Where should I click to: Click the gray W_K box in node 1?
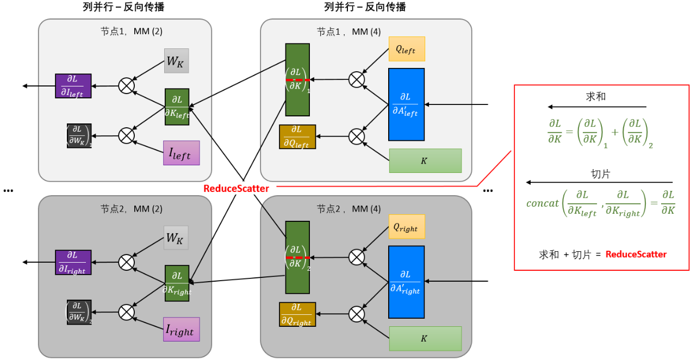[x=177, y=60]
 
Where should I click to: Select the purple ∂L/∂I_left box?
[x=73, y=86]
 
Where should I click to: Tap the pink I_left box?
[x=181, y=153]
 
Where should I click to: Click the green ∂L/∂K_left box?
[x=177, y=107]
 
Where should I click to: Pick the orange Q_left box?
[x=407, y=49]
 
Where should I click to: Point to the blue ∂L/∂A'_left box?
[x=406, y=104]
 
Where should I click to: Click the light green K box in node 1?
[x=425, y=160]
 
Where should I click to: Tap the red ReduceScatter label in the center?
[x=236, y=189]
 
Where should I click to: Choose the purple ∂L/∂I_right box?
[x=73, y=263]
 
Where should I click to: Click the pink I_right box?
[x=181, y=330]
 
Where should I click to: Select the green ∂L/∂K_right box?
[x=177, y=283]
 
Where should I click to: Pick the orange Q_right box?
[x=407, y=226]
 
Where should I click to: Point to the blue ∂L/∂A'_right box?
[x=406, y=282]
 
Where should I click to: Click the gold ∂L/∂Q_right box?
[x=297, y=314]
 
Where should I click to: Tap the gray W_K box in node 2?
[x=177, y=238]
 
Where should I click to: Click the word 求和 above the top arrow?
[x=596, y=96]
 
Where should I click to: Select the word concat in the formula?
[x=543, y=203]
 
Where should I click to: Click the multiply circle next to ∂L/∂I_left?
[x=127, y=85]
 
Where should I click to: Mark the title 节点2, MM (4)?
[x=348, y=208]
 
